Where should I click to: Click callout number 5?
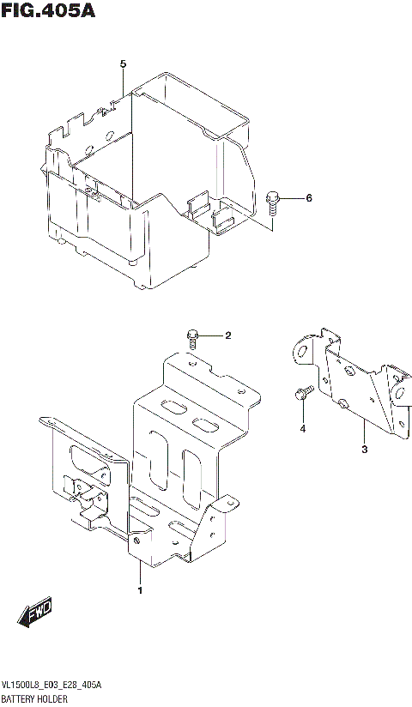click(123, 64)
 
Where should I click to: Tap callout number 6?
click(309, 199)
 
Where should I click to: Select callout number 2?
click(228, 335)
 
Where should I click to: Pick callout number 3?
click(363, 450)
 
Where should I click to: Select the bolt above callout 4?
click(300, 394)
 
